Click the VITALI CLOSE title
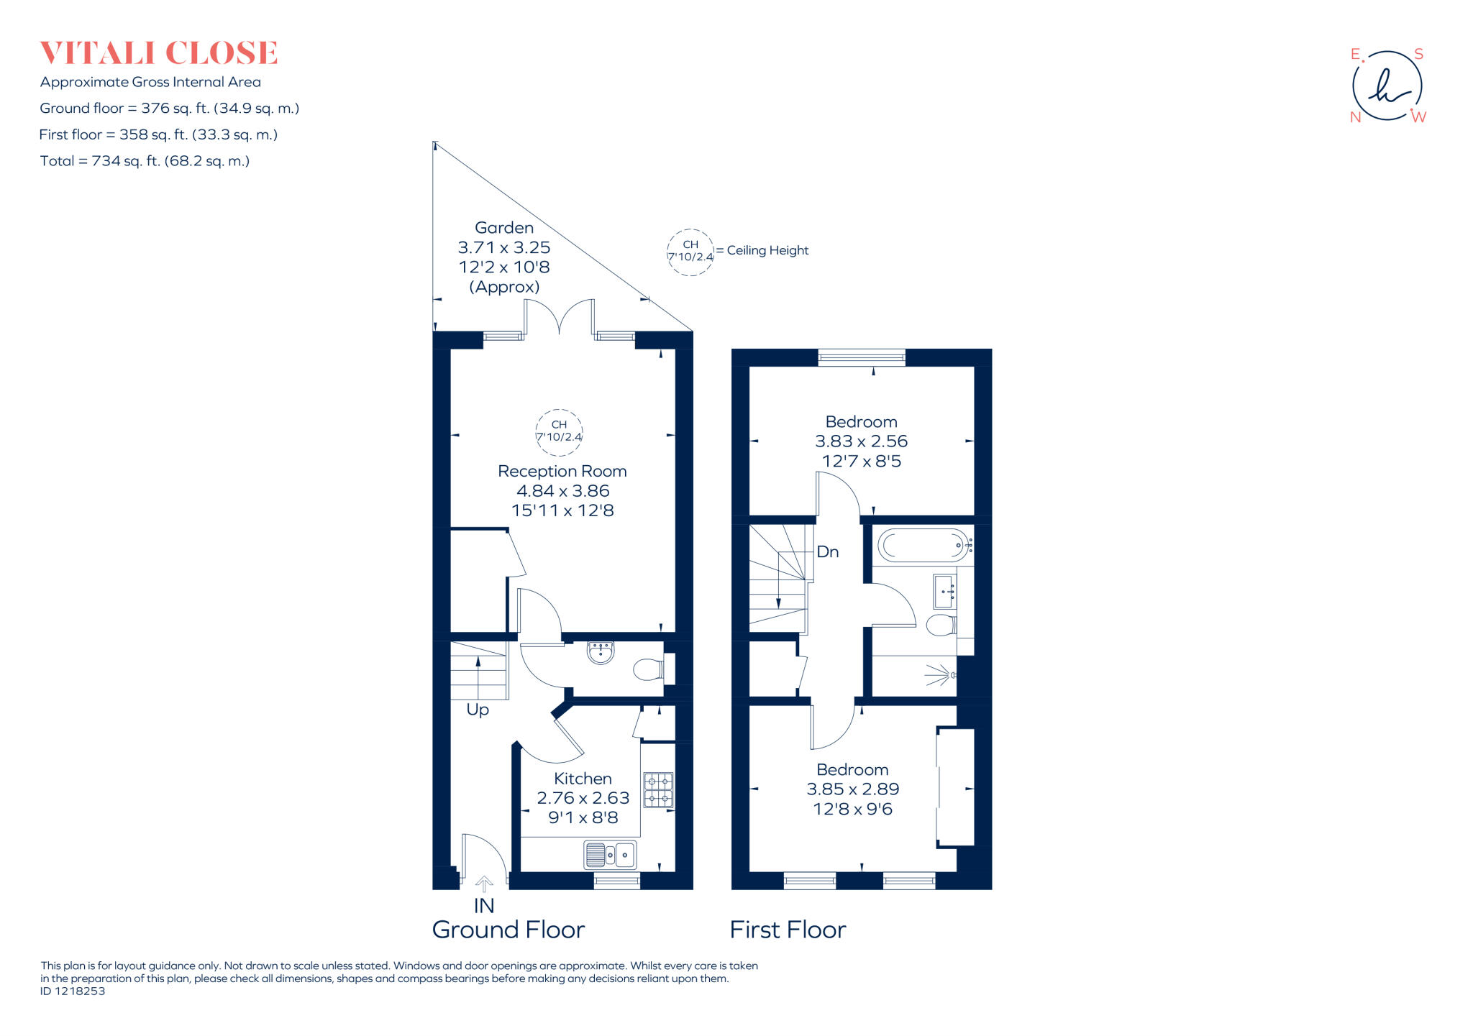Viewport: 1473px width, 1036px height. pos(158,53)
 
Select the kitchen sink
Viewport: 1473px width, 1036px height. pos(610,855)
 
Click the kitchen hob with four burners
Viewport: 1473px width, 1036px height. pos(658,790)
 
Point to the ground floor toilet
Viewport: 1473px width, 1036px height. pos(649,670)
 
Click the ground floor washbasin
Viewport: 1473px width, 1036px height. pos(601,652)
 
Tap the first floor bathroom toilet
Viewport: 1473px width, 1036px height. pos(941,625)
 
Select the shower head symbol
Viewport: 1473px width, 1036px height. pos(939,675)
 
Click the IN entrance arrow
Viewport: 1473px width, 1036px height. pos(484,884)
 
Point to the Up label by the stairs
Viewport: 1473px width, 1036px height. pos(478,710)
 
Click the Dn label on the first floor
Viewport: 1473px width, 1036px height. pos(828,552)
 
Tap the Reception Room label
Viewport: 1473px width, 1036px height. pos(562,472)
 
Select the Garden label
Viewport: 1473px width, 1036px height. pos(504,228)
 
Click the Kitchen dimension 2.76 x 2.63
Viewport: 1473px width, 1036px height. pos(583,798)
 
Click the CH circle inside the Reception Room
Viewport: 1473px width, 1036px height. pos(559,431)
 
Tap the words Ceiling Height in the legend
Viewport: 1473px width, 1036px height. pos(767,250)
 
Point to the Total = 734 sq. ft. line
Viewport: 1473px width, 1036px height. pos(145,161)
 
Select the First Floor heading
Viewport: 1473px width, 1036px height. pos(788,930)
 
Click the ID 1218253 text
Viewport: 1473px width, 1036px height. pos(73,991)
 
